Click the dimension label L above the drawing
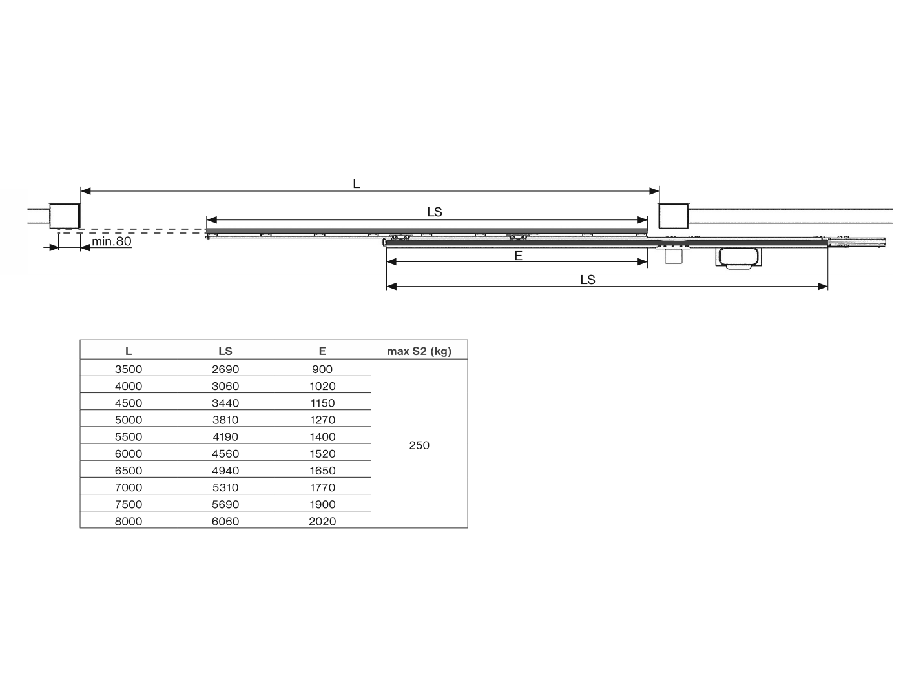point(356,184)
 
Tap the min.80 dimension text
point(111,242)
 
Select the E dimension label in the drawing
point(518,256)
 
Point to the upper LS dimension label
point(435,212)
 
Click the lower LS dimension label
point(587,280)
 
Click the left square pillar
point(65,215)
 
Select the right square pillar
point(673,215)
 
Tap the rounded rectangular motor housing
point(738,257)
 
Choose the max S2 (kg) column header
point(419,351)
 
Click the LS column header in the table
point(225,351)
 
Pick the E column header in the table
point(322,351)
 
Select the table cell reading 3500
point(129,369)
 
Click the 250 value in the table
point(419,445)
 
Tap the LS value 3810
point(225,420)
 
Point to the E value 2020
point(322,521)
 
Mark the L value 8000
point(129,521)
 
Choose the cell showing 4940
point(225,471)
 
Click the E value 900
point(322,369)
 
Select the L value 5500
point(129,436)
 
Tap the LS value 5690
point(225,504)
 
